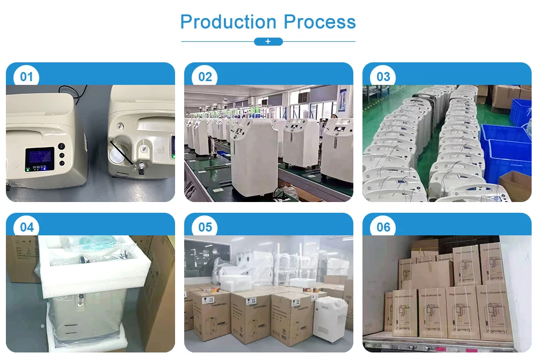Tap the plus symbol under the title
(268, 41)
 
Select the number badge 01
(27, 76)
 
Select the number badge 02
(205, 76)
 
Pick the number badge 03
(383, 76)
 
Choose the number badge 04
(27, 227)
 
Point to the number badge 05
(205, 227)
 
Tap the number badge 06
(383, 227)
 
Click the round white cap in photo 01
(115, 155)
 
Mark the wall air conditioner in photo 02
(305, 98)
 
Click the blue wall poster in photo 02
(342, 102)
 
